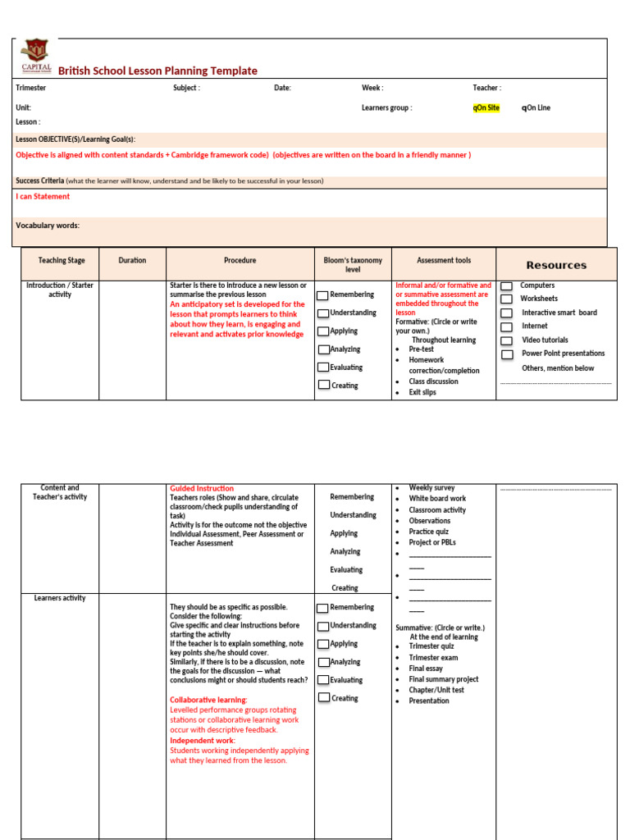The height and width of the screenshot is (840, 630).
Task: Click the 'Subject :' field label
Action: tap(186, 88)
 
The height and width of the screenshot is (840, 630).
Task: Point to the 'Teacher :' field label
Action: tap(486, 88)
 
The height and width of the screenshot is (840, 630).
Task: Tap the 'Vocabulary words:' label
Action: tap(48, 226)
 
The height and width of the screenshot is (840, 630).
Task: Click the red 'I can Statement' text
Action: tap(43, 197)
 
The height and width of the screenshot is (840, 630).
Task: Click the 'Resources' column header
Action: tap(556, 265)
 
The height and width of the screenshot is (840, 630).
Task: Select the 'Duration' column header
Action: tap(132, 261)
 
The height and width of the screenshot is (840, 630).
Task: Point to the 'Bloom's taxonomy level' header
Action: tap(353, 265)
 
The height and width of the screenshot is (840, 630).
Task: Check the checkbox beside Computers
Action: tap(507, 285)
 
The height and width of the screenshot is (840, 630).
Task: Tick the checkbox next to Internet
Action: tap(507, 326)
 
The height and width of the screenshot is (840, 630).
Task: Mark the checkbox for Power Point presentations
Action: tap(507, 354)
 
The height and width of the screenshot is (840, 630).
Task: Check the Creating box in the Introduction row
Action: tap(324, 385)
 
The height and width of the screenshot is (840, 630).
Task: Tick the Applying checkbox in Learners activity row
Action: tap(324, 644)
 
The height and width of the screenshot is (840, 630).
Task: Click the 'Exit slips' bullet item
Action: tap(422, 392)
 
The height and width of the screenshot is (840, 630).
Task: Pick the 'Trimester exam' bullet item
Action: tap(433, 658)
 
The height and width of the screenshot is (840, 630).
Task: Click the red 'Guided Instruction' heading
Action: tap(202, 489)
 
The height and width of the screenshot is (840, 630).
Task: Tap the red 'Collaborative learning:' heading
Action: tap(208, 701)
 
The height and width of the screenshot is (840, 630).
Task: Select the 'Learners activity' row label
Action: tap(60, 599)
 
